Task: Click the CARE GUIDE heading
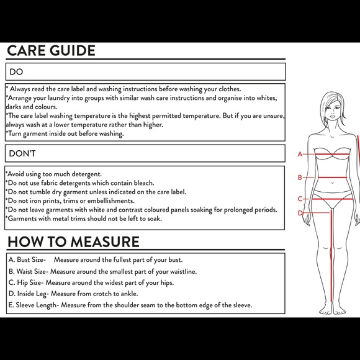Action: [x=51, y=50]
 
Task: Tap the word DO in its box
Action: [x=16, y=72]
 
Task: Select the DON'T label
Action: [x=22, y=153]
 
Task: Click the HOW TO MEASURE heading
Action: [x=73, y=241]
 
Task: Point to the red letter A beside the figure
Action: [x=300, y=154]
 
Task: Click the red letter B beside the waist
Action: [x=300, y=178]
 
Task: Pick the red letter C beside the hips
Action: [x=300, y=199]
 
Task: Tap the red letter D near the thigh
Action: [x=300, y=213]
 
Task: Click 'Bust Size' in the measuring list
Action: [x=30, y=259]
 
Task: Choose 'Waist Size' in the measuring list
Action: [x=31, y=271]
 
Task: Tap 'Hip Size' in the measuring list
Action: [x=29, y=282]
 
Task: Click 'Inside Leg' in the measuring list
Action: [x=32, y=294]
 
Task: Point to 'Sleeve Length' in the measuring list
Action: [x=36, y=305]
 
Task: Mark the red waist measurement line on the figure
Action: [x=332, y=178]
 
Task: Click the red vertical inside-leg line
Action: [x=331, y=256]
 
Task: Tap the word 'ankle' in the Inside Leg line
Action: [x=129, y=294]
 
